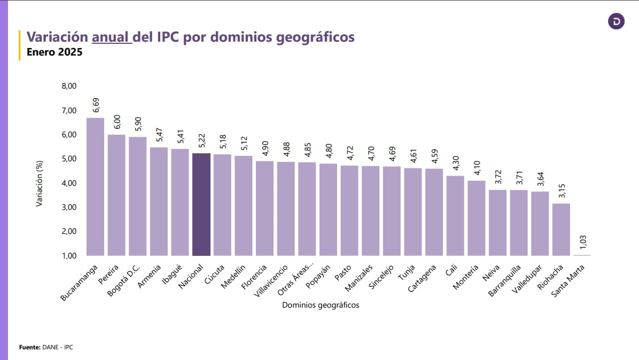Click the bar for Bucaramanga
pos(95,187)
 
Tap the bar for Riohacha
pos(561,230)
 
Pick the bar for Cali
pos(455,216)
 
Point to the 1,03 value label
pos(583,242)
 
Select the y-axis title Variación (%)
pos(39,185)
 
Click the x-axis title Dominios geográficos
pos(321,305)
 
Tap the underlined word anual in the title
pos(111,37)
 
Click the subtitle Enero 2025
pos(54,53)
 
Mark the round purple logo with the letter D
pos(617,21)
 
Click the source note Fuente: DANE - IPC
pos(46,347)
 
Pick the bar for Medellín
pos(243,206)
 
